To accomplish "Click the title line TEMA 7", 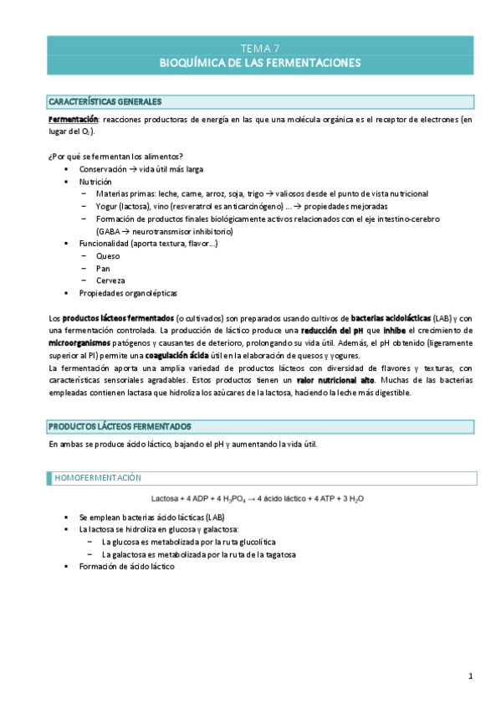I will click(x=260, y=49).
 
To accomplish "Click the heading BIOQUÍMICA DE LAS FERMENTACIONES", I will click(x=260, y=63).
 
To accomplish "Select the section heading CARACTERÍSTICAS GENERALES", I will click(x=105, y=102).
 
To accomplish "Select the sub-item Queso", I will click(x=108, y=255).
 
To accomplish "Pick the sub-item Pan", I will click(x=104, y=268).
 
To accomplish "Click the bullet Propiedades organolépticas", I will click(x=128, y=293).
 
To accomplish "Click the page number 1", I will click(x=471, y=676).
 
